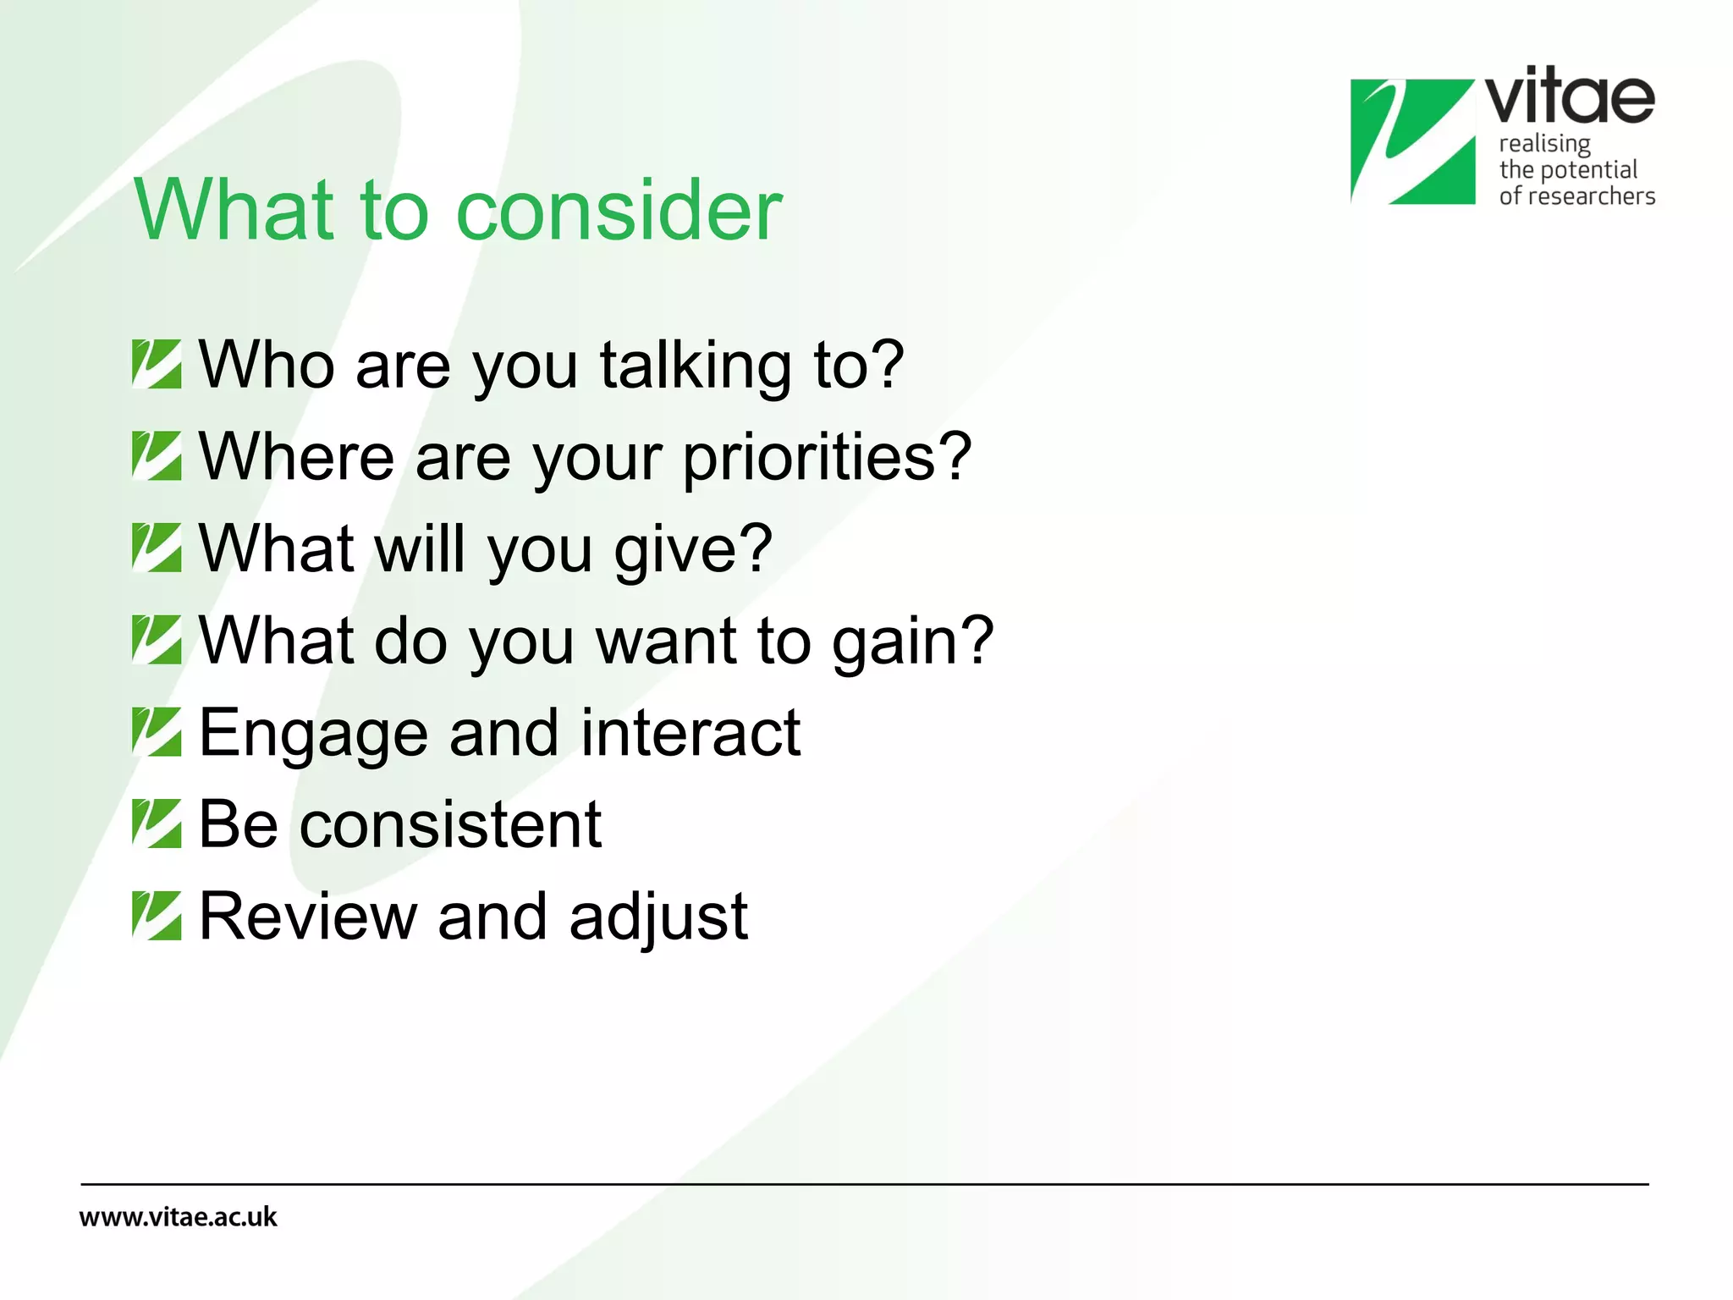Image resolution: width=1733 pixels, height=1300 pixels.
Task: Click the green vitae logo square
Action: [x=1412, y=141]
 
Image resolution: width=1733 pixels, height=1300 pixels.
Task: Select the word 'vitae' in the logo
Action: [x=1570, y=97]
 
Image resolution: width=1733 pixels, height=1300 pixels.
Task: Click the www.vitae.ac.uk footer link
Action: [x=178, y=1217]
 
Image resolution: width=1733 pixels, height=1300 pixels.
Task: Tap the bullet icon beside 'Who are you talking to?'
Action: [x=157, y=364]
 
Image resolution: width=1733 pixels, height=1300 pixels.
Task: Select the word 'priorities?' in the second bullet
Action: [x=827, y=458]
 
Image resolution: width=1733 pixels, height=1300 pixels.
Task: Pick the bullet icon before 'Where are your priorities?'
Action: [x=157, y=456]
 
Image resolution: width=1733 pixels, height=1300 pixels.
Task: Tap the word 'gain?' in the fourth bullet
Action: [x=912, y=642]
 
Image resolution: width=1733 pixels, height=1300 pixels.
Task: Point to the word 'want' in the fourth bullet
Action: [x=666, y=642]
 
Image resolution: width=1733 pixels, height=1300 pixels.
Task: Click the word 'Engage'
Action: [x=312, y=734]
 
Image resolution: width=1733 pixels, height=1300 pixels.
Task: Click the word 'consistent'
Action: [x=450, y=824]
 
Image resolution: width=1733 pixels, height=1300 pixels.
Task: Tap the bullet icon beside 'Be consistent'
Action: [x=157, y=824]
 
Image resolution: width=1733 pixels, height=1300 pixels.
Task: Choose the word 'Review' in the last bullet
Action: [x=308, y=916]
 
